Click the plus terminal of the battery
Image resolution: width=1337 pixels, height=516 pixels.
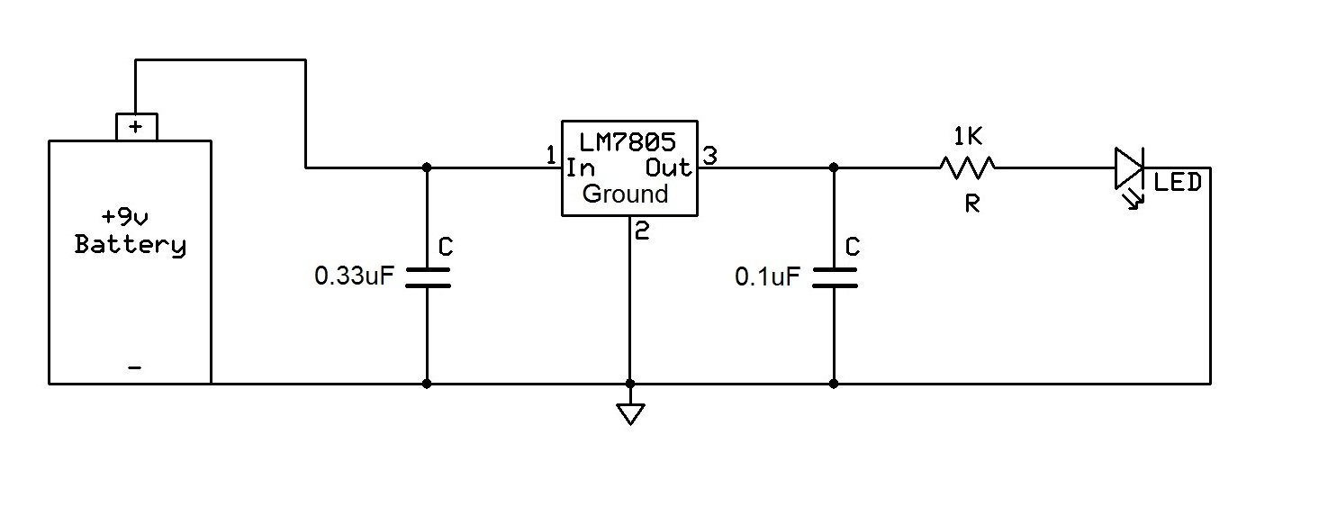pyautogui.click(x=135, y=127)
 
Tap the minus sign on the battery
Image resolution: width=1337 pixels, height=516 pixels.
pyautogui.click(x=135, y=367)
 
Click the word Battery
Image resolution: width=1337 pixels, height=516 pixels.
pyautogui.click(x=131, y=245)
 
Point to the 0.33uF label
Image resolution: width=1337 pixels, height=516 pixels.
pyautogui.click(x=354, y=276)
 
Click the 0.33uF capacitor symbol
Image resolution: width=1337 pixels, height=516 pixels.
pyautogui.click(x=427, y=276)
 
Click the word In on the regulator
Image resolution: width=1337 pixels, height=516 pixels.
pyautogui.click(x=582, y=167)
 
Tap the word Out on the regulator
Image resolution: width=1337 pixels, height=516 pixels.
pyautogui.click(x=668, y=167)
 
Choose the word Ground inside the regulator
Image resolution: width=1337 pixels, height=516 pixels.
pyautogui.click(x=626, y=194)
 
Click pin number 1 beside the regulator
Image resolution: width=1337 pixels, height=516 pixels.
pyautogui.click(x=550, y=156)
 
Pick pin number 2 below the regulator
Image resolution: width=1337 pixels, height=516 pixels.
pyautogui.click(x=641, y=231)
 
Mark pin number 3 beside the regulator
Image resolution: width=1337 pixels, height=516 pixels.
pyautogui.click(x=709, y=156)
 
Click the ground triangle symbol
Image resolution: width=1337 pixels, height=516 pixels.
pyautogui.click(x=630, y=413)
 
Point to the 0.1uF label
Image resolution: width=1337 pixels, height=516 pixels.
pyautogui.click(x=767, y=276)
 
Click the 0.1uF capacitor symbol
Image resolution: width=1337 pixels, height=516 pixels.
pyautogui.click(x=834, y=276)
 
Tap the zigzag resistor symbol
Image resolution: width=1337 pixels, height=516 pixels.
pyautogui.click(x=967, y=167)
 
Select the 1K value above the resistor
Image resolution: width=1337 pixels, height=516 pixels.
pyautogui.click(x=968, y=137)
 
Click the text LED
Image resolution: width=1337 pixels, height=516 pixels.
pyautogui.click(x=1178, y=183)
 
